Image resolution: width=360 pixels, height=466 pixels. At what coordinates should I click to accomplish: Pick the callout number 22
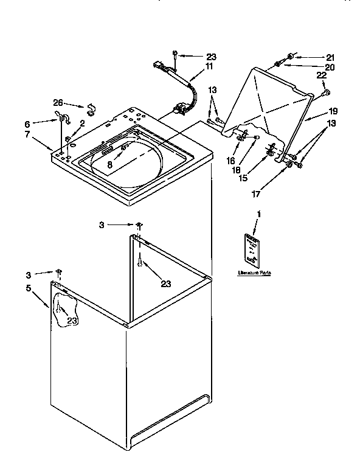coord(321,75)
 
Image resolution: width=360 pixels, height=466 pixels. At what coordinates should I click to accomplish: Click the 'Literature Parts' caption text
coord(254,273)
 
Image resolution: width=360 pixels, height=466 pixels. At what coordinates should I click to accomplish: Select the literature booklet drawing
coord(253,249)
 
